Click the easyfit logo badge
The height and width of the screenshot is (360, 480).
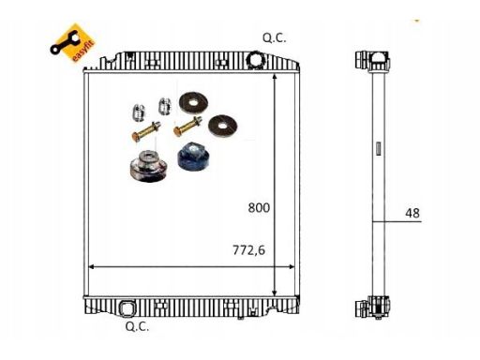(73, 43)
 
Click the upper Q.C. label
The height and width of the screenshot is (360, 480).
(274, 38)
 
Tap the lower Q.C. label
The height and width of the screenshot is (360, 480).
(137, 326)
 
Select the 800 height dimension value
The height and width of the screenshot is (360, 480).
(259, 207)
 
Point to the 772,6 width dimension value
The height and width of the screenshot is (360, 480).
(248, 250)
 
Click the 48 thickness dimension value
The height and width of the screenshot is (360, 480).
(412, 213)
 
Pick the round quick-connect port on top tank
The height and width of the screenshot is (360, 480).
(256, 59)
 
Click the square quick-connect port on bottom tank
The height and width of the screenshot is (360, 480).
(127, 307)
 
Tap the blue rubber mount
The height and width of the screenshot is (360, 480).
(192, 157)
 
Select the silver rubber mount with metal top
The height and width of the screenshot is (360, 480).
(148, 166)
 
